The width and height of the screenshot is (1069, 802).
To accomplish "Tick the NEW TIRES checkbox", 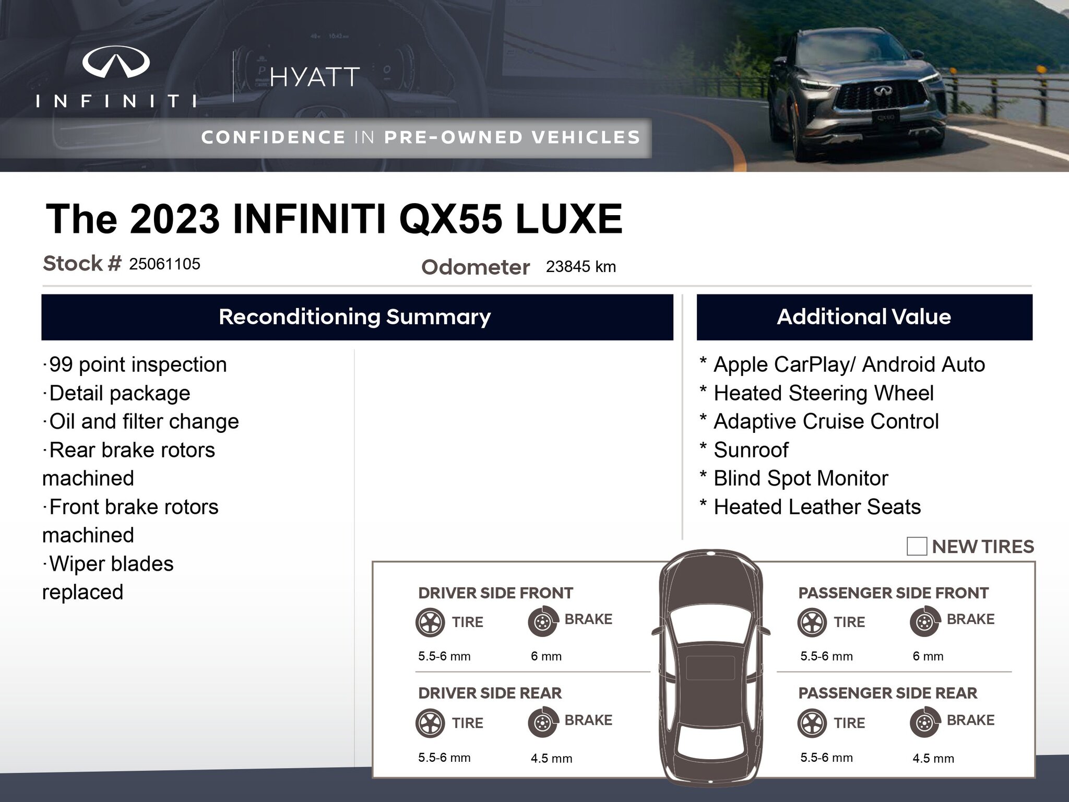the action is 917,546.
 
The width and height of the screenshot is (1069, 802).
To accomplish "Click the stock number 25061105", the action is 164,264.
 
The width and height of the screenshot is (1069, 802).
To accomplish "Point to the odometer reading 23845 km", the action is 581,267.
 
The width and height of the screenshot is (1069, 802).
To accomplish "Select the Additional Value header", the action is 864,317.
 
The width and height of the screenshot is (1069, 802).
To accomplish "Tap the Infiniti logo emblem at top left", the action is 116,61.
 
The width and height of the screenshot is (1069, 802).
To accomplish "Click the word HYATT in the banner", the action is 315,77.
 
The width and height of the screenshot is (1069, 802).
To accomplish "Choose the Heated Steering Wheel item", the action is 817,393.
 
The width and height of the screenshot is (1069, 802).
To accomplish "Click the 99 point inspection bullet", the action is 135,364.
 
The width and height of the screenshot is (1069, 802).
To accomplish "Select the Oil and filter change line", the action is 141,421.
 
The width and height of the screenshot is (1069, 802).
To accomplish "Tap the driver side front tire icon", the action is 431,622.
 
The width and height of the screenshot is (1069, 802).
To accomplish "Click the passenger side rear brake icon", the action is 925,723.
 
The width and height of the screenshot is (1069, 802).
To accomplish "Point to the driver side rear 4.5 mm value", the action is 551,758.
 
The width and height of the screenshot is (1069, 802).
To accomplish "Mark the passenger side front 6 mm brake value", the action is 928,656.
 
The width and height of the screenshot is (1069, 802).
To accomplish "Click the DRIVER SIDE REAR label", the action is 490,693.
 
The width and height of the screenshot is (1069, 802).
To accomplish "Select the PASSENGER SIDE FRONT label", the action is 894,593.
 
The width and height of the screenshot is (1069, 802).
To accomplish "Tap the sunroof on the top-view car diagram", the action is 710,668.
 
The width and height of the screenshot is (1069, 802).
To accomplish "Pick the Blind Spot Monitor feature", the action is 794,478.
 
